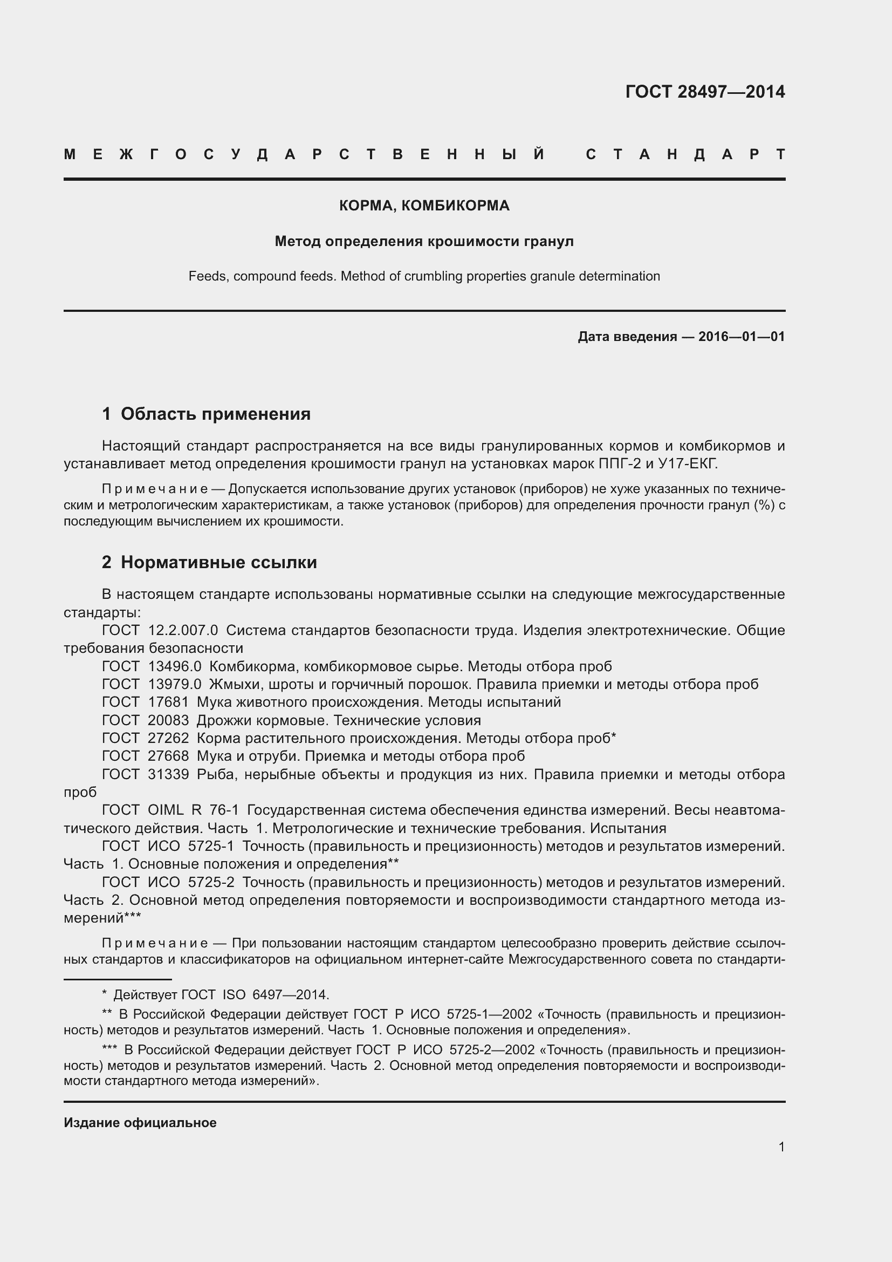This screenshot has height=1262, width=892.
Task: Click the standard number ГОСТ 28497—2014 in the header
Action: (x=705, y=92)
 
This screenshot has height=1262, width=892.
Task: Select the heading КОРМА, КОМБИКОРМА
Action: (x=424, y=206)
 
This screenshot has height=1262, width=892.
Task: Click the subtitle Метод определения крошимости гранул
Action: (x=424, y=241)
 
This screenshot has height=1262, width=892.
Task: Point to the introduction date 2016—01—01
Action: (x=742, y=336)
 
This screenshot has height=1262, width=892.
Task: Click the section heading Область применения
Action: (x=215, y=414)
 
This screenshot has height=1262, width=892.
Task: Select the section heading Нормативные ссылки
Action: (x=218, y=562)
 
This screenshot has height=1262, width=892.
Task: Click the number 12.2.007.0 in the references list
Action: (x=183, y=630)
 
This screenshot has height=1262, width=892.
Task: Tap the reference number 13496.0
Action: (x=175, y=667)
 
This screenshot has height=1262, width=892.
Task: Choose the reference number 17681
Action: (x=168, y=702)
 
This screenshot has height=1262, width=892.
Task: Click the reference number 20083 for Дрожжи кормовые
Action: (x=168, y=721)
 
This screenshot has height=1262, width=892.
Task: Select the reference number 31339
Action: (x=168, y=774)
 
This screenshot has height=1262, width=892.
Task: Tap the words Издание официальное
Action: (x=140, y=1123)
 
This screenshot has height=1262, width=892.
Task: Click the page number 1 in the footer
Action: (x=781, y=1147)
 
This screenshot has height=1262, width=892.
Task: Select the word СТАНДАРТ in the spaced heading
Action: (x=685, y=154)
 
